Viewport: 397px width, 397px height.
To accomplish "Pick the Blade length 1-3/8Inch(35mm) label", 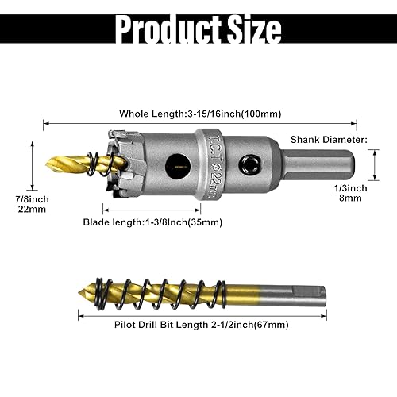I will point(152,222).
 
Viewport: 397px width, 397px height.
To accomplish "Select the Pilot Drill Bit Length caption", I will point(183,324).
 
